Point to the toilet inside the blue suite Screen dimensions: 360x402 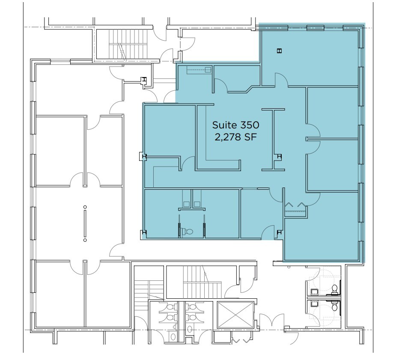tap(188, 232)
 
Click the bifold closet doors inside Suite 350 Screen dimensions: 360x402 tap(295, 205)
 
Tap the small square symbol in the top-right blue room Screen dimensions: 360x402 tap(279, 51)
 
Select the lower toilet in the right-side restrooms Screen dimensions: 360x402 tap(335, 306)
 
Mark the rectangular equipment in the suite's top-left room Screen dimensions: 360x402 tap(202, 70)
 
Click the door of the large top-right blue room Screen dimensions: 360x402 tap(281, 80)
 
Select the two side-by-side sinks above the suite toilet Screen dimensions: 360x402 tap(192, 199)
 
